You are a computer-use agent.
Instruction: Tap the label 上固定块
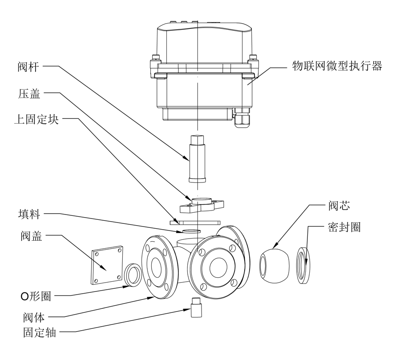click(x=36, y=120)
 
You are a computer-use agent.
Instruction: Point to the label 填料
click(x=29, y=214)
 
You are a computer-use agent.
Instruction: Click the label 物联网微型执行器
click(x=337, y=67)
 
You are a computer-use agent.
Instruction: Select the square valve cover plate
click(x=106, y=265)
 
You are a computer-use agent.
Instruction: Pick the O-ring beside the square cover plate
click(x=132, y=275)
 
